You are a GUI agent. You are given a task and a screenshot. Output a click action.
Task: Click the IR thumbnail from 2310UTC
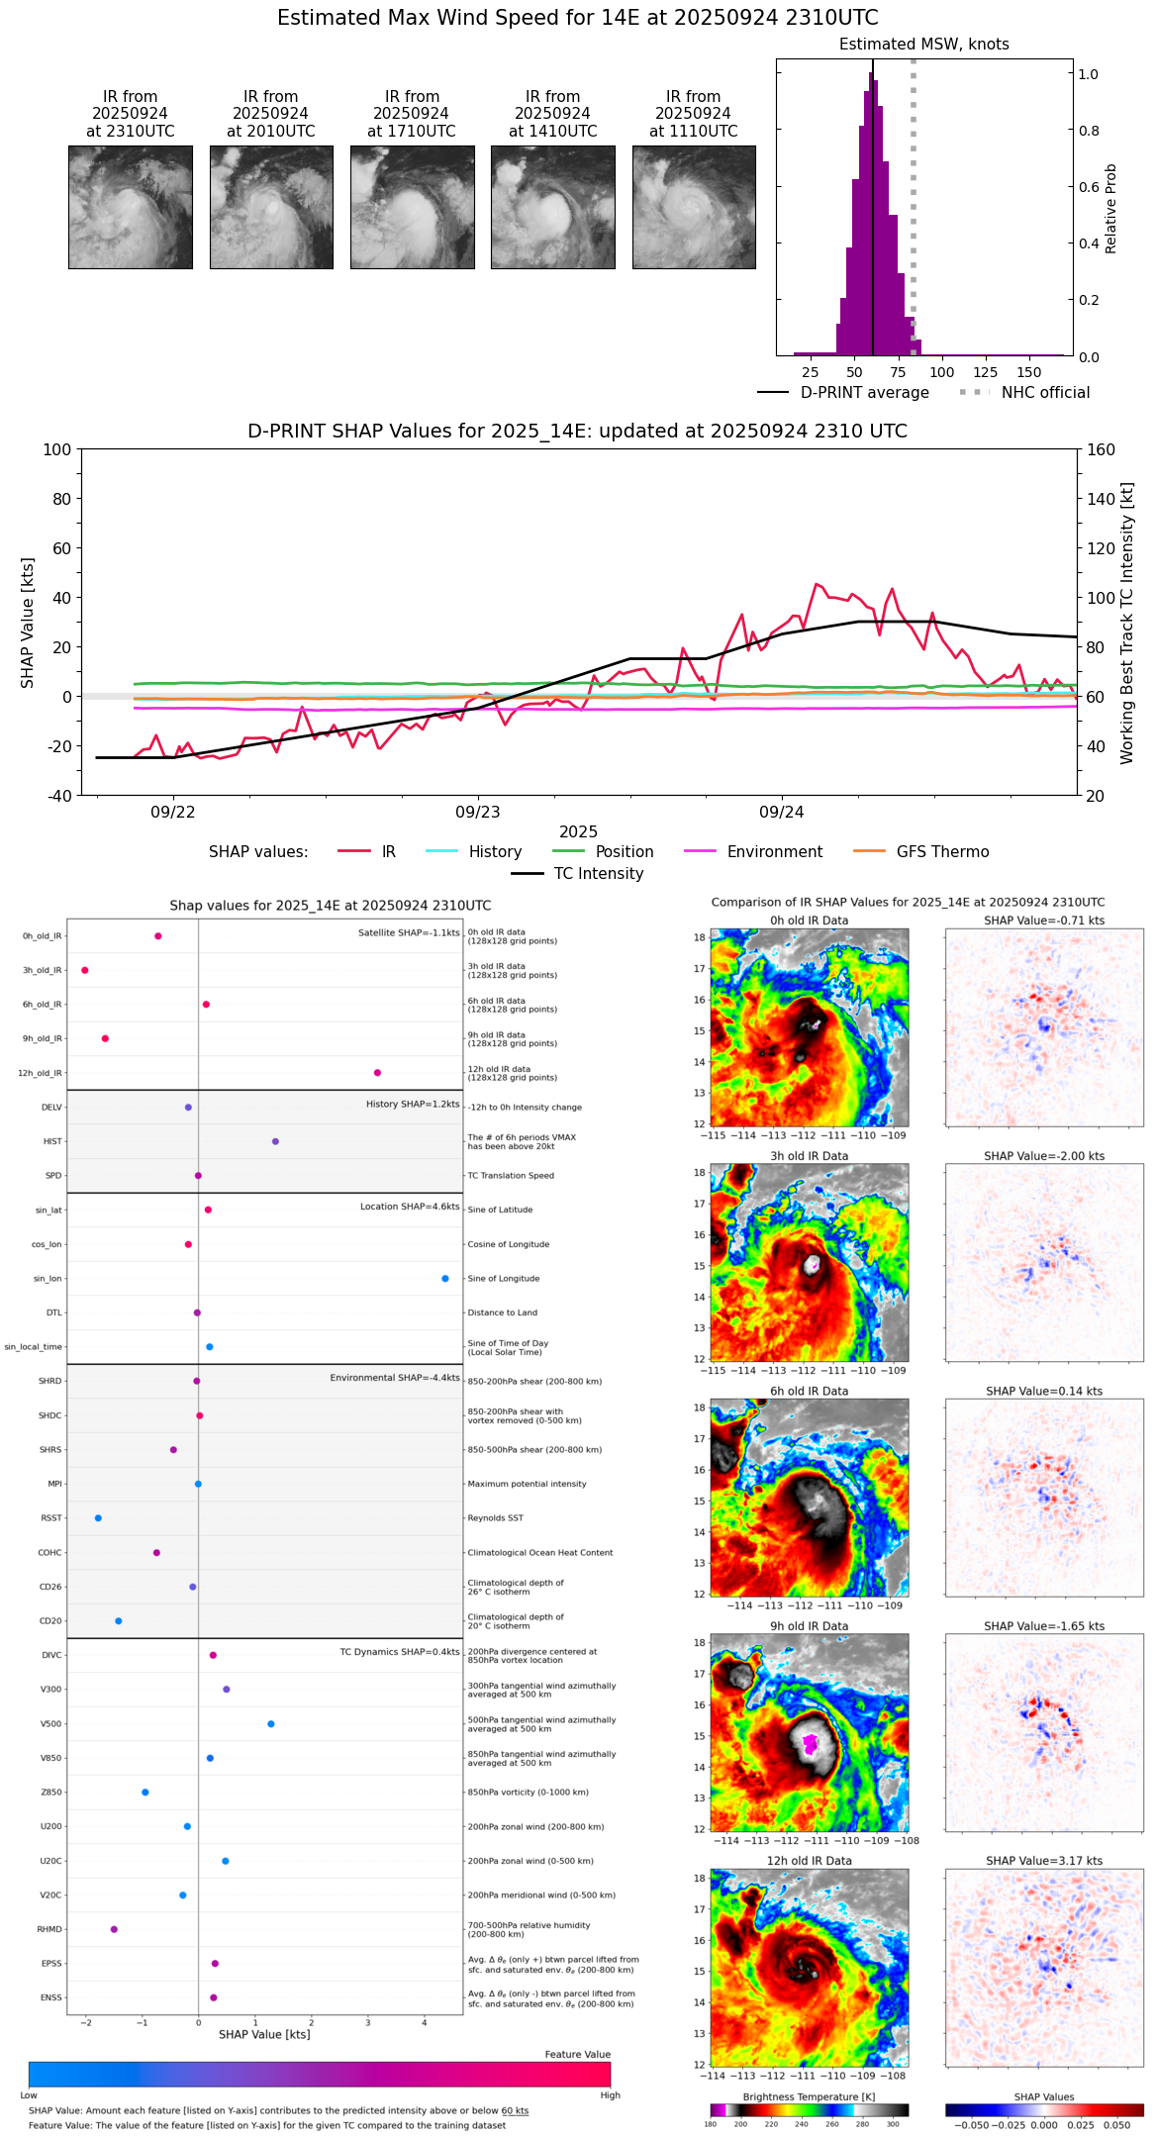pos(130,207)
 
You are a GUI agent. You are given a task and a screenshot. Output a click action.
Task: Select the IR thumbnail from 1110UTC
pos(694,207)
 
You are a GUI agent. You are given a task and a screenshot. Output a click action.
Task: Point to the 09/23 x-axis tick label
pos(477,813)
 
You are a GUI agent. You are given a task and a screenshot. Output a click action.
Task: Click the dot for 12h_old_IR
pos(377,1073)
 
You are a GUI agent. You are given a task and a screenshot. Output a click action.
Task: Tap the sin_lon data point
pos(445,1279)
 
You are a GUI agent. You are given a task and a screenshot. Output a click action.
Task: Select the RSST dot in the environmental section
pos(98,1518)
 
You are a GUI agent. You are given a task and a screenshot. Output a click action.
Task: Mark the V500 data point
pos(271,1724)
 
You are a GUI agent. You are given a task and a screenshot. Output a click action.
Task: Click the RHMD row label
pos(49,1929)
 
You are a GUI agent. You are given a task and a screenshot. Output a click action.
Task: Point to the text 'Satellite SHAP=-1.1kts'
pos(409,933)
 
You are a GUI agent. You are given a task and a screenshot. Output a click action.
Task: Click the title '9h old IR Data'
pos(809,1626)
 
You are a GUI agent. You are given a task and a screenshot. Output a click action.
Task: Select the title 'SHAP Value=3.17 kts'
pos(1044,1861)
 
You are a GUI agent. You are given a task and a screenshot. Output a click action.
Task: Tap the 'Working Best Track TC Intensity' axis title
pos(1127,624)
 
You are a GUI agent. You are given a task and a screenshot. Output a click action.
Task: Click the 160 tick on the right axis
pos(1101,450)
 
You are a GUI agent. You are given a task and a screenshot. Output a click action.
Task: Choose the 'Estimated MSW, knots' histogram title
pos(923,45)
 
